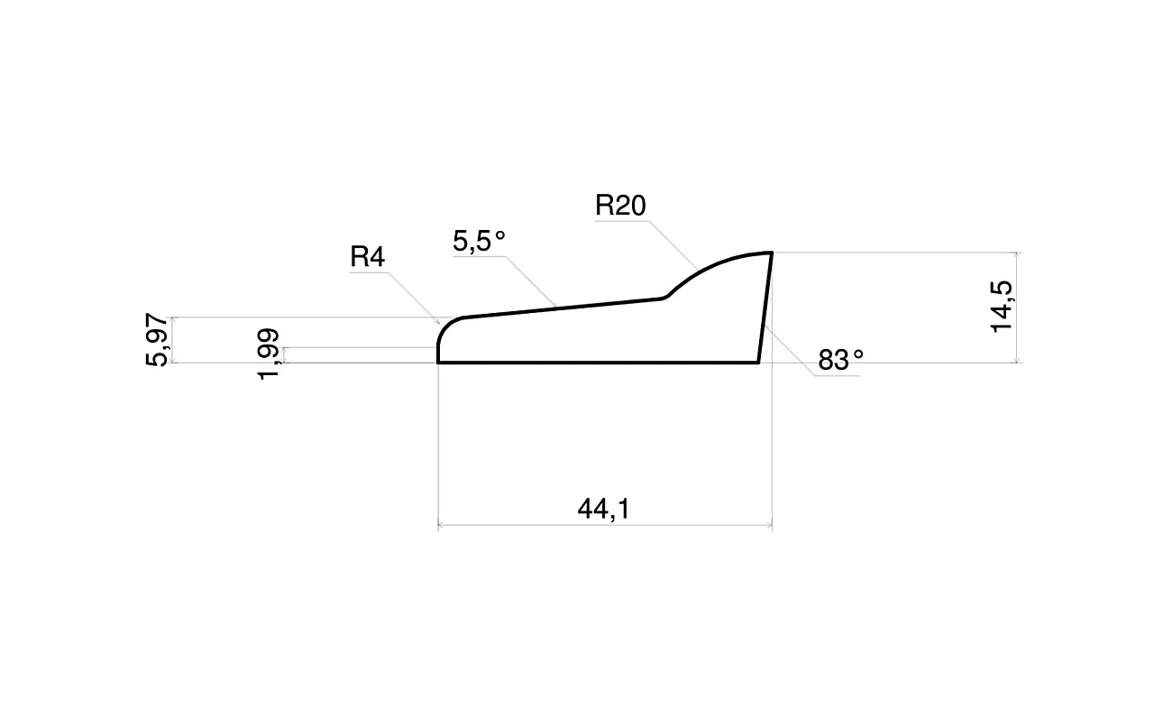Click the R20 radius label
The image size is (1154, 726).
[620, 206]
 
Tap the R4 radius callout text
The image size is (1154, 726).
[367, 257]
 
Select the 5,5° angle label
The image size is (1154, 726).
[479, 241]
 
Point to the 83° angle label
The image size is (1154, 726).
[841, 360]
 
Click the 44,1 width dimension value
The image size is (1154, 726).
[603, 510]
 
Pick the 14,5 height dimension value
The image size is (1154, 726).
[1002, 308]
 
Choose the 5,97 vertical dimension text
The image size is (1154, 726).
[157, 340]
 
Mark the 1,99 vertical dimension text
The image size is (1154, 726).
[268, 354]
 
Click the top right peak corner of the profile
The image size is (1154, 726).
[771, 253]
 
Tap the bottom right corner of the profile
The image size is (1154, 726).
[759, 363]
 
